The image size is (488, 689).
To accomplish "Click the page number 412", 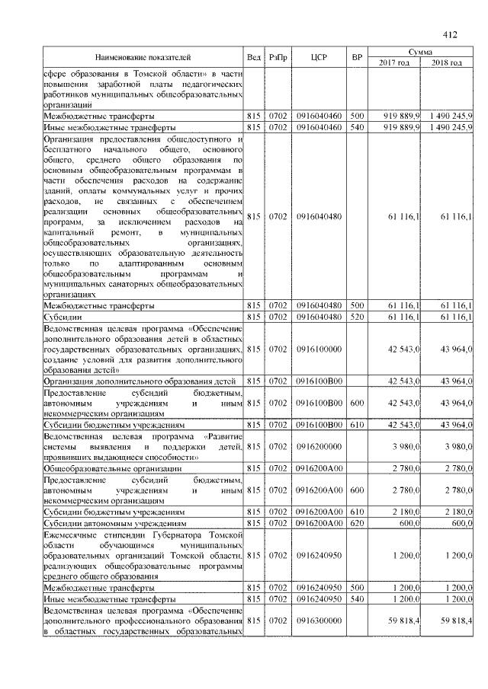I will [449, 34].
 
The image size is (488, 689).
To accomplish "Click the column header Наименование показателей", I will [143, 57].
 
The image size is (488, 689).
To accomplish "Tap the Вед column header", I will [254, 57].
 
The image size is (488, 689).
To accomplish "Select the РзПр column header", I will [278, 57].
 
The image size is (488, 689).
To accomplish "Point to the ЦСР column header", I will [319, 57].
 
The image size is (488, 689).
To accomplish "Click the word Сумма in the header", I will [420, 52].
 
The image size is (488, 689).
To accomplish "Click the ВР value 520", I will [356, 316].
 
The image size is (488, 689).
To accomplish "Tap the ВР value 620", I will [356, 524].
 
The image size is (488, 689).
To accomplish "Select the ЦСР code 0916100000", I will [319, 348].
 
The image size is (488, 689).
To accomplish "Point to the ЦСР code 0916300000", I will [319, 622].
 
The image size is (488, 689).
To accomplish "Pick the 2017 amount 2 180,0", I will [405, 513].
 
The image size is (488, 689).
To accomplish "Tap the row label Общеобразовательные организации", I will [108, 469].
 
